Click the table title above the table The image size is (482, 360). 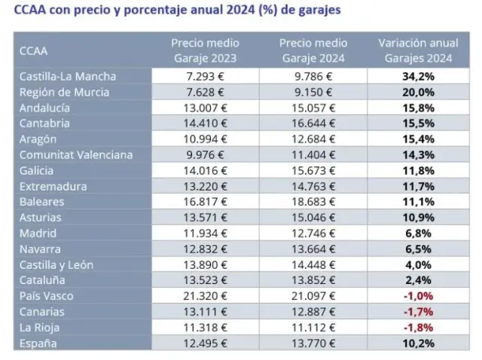[176, 11]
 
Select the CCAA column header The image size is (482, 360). [34, 50]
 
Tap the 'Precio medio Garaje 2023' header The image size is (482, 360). [205, 50]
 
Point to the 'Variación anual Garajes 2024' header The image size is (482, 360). [419, 50]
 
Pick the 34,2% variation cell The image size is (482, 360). [419, 76]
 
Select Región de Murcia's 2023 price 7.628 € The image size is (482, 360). [205, 92]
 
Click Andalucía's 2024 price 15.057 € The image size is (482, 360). [313, 108]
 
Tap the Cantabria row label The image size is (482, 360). [46, 123]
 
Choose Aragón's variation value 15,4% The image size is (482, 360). [419, 139]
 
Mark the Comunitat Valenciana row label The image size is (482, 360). [76, 154]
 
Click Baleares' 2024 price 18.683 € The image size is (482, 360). [313, 202]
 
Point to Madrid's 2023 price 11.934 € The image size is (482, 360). [205, 233]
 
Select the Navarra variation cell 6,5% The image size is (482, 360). [419, 249]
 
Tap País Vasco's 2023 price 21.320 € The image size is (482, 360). [205, 296]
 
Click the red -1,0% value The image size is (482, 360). [419, 296]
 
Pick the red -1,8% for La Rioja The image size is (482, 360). [419, 328]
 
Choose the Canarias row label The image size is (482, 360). [43, 312]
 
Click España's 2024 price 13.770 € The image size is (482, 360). [313, 343]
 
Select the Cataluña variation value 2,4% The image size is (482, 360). [419, 280]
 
